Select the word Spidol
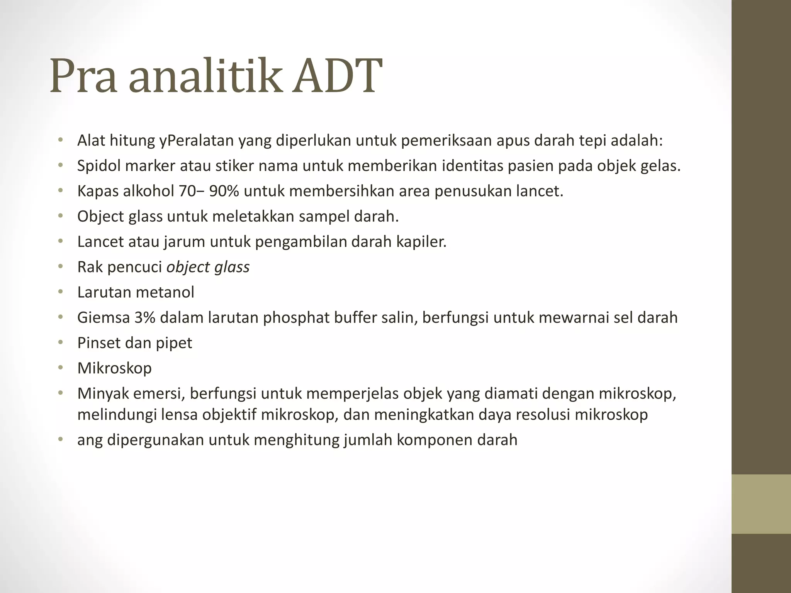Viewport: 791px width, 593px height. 99,166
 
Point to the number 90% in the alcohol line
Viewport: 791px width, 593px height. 224,191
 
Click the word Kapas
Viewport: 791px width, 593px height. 98,191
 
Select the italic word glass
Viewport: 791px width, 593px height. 232,267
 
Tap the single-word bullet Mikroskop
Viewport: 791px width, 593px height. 114,368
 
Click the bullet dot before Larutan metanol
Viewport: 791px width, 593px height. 60,292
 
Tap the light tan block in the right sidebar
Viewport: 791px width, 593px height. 761,504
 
